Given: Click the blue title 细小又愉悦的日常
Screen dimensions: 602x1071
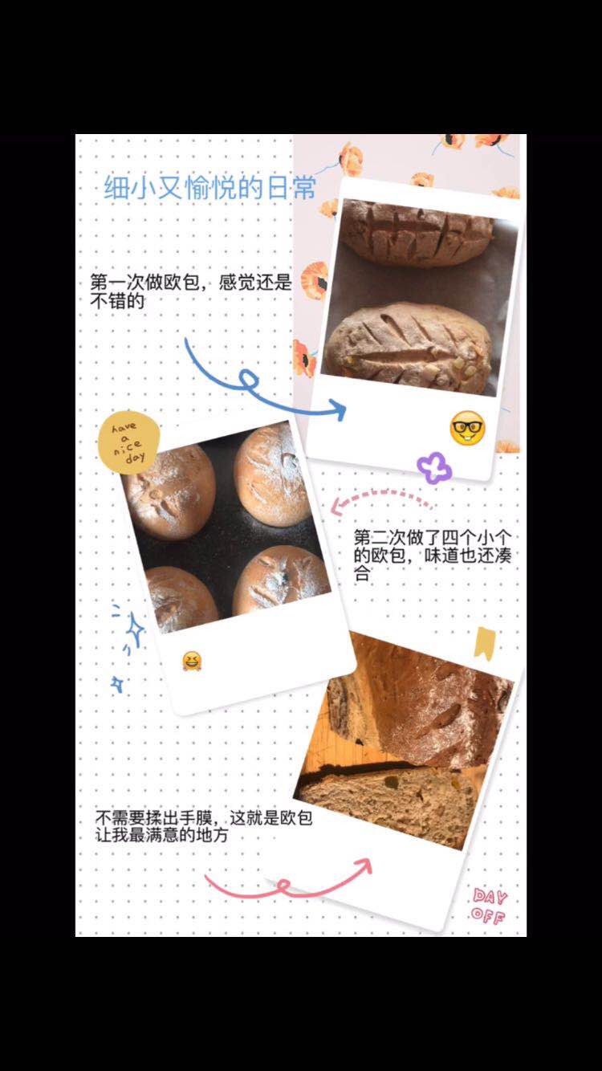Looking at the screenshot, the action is (x=210, y=187).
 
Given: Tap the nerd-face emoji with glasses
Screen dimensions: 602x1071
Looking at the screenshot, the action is (x=467, y=428).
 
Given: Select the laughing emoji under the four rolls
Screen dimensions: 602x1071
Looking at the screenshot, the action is (x=192, y=661).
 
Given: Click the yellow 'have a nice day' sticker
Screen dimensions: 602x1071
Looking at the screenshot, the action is (x=128, y=442).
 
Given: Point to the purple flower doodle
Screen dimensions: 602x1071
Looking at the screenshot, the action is (x=434, y=467).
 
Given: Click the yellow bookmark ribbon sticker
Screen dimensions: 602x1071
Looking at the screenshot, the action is (x=485, y=644).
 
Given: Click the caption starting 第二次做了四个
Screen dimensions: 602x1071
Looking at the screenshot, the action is (x=433, y=555).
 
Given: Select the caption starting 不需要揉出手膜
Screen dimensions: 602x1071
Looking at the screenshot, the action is (x=204, y=825).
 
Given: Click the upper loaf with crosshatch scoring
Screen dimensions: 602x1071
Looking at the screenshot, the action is (x=417, y=233).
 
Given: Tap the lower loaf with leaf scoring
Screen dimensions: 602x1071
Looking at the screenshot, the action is (x=409, y=344).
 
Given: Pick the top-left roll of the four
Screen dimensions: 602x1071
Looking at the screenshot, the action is (x=169, y=491).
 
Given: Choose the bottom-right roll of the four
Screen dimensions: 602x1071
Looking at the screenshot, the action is (x=281, y=580).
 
